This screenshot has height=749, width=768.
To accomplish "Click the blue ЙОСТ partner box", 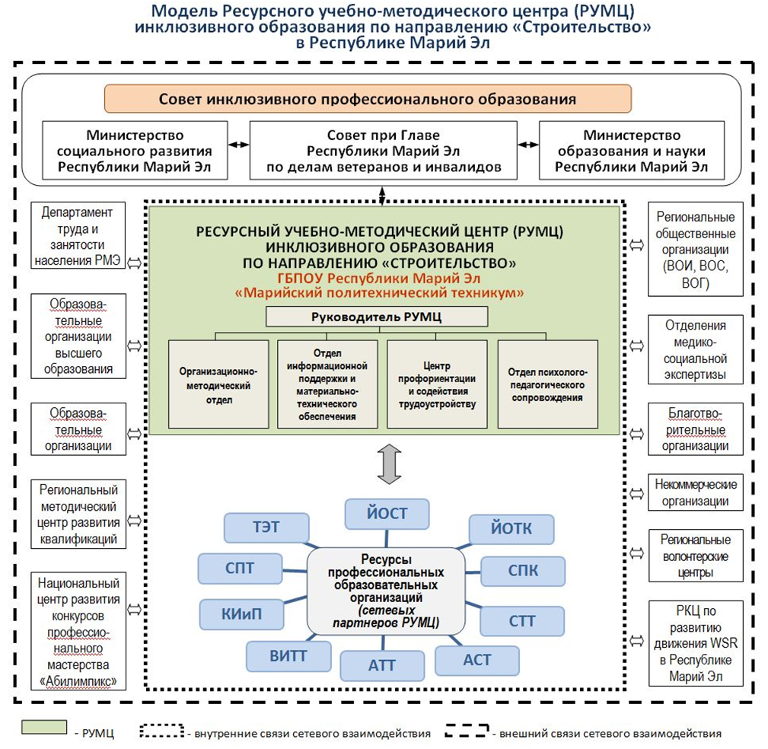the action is tap(387, 514).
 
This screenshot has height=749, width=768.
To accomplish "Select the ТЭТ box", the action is tap(266, 527).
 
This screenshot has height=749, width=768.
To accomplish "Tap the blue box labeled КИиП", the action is tap(241, 614).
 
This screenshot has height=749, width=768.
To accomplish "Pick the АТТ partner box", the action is tap(382, 666).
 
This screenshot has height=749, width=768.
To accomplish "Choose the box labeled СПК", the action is tap(523, 571).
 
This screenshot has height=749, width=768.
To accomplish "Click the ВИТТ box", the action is tap(288, 656).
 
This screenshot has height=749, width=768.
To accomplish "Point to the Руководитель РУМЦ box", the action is tap(377, 317).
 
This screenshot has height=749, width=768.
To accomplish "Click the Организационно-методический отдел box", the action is tap(218, 384).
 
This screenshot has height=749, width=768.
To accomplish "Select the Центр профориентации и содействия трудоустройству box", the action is tap(437, 384).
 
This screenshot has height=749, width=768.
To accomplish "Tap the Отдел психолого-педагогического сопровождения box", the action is tap(547, 384).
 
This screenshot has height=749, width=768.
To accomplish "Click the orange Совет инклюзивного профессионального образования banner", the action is tap(368, 99).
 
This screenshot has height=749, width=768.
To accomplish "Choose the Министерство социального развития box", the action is tap(135, 151).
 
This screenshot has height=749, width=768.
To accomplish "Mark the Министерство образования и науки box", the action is tap(631, 151).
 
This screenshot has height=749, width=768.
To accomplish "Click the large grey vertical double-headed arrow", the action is tap(390, 464).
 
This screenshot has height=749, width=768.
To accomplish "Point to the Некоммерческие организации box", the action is tap(696, 492).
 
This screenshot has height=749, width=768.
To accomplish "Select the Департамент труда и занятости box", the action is tap(78, 236).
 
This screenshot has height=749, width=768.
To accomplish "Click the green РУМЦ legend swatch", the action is tap(44, 727).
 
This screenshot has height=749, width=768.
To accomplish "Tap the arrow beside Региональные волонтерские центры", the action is tap(636, 553).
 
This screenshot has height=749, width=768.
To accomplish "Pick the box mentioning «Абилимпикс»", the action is tap(78, 631).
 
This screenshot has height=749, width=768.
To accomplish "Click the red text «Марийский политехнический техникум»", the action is tap(380, 293).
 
